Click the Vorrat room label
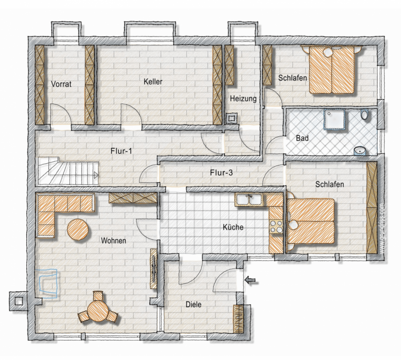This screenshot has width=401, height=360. (61, 84)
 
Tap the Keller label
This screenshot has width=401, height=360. (153, 82)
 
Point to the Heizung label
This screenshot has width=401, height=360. (243, 98)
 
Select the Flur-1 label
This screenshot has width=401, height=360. (121, 151)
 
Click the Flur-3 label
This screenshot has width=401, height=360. (221, 173)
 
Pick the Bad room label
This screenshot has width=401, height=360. (302, 138)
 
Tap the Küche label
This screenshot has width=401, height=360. (233, 227)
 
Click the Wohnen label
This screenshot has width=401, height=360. (114, 241)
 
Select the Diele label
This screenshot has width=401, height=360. (194, 305)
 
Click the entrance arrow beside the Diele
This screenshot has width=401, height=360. (250, 280)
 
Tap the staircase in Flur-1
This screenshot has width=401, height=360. (68, 171)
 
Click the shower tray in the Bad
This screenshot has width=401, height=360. (334, 119)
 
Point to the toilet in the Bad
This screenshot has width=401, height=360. (364, 115)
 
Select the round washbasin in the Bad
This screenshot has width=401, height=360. (360, 151)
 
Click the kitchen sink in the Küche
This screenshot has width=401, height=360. (249, 199)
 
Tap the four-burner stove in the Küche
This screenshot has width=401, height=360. (276, 227)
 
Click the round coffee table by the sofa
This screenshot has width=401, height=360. (78, 229)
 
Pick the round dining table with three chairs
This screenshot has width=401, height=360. (98, 310)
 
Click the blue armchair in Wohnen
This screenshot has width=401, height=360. (48, 283)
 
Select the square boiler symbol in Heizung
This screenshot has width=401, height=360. (232, 119)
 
